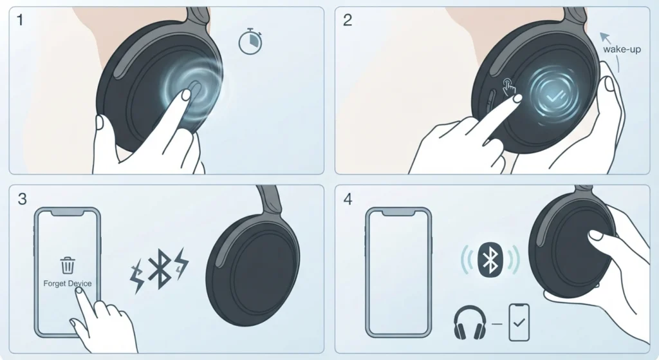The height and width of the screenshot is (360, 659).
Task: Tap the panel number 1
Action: tap(20, 20)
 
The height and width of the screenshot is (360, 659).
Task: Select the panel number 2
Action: tap(347, 20)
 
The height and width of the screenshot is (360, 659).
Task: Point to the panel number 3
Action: tap(23, 198)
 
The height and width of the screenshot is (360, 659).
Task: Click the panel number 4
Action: tap(348, 198)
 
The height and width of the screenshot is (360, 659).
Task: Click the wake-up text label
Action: tap(622, 49)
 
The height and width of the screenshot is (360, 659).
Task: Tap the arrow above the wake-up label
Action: tap(605, 37)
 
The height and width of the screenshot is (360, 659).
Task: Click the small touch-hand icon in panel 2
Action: tap(509, 87)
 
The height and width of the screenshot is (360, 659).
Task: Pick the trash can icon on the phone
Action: tap(68, 265)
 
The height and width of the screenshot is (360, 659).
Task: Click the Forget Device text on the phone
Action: tap(67, 283)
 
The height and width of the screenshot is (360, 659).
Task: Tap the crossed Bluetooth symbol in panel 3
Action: tap(160, 269)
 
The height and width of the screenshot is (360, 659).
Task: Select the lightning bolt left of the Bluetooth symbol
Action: tap(137, 276)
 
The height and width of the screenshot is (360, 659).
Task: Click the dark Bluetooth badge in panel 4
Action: tap(490, 260)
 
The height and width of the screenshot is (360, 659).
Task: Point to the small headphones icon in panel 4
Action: tap(470, 322)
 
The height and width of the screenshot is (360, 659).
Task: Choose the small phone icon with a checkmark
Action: tap(519, 322)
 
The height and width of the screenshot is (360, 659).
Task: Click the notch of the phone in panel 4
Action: tap(398, 213)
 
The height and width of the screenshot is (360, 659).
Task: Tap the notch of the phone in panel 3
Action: tap(67, 213)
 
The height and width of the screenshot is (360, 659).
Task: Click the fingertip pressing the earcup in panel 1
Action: tap(185, 95)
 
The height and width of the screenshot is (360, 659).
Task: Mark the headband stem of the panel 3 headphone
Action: tap(269, 201)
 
